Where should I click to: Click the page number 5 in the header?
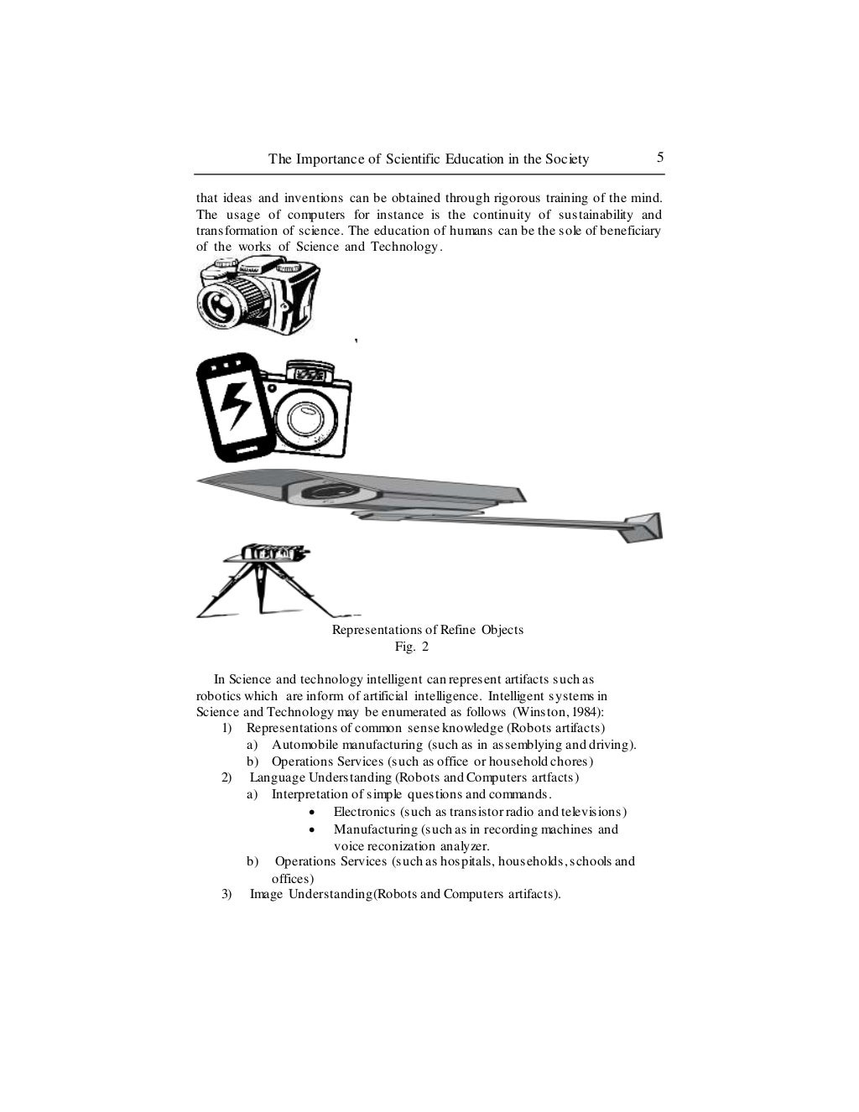(x=660, y=158)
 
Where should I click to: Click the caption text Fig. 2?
(x=412, y=647)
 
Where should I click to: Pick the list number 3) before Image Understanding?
(x=226, y=894)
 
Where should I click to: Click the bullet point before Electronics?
(x=312, y=813)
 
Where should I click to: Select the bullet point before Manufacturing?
(x=312, y=829)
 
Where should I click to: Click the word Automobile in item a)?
(x=305, y=745)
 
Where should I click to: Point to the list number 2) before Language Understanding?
(x=226, y=777)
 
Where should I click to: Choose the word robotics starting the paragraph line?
(x=218, y=696)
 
